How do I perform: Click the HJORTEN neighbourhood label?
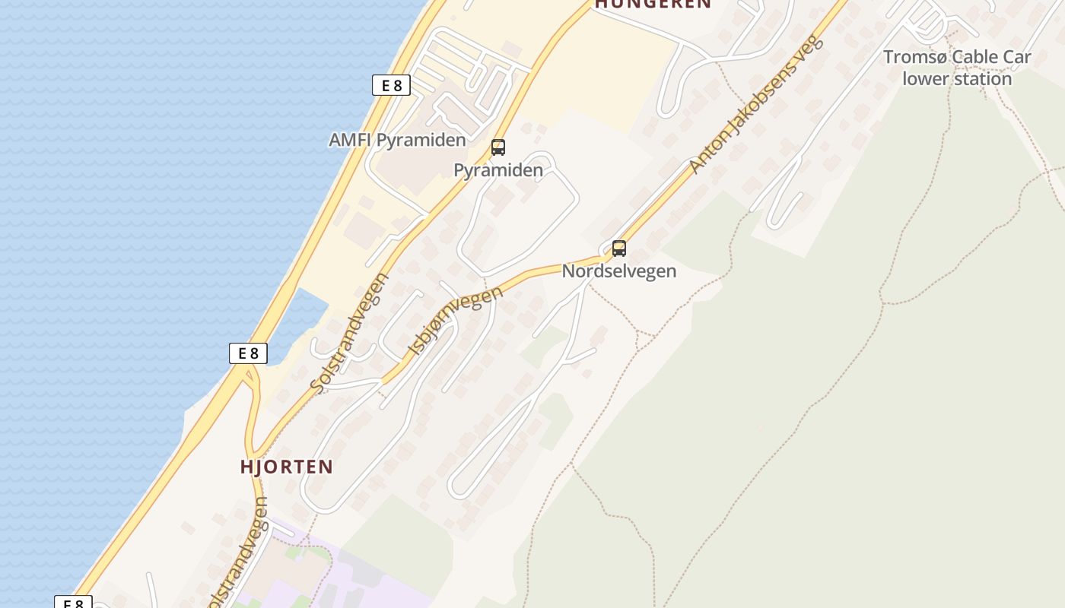click(287, 467)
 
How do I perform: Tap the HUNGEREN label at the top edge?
click(653, 4)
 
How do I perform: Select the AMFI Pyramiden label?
click(397, 141)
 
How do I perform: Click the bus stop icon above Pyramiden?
click(498, 147)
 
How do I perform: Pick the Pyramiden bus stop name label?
click(498, 170)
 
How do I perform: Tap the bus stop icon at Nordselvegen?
click(619, 248)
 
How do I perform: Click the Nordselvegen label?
click(619, 271)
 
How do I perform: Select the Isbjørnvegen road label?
click(455, 320)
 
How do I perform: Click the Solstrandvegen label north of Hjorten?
click(351, 333)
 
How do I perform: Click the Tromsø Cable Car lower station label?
click(957, 68)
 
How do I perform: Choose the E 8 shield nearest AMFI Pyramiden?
click(391, 85)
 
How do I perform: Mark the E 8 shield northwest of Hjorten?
click(248, 353)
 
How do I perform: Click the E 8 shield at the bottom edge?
click(73, 603)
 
